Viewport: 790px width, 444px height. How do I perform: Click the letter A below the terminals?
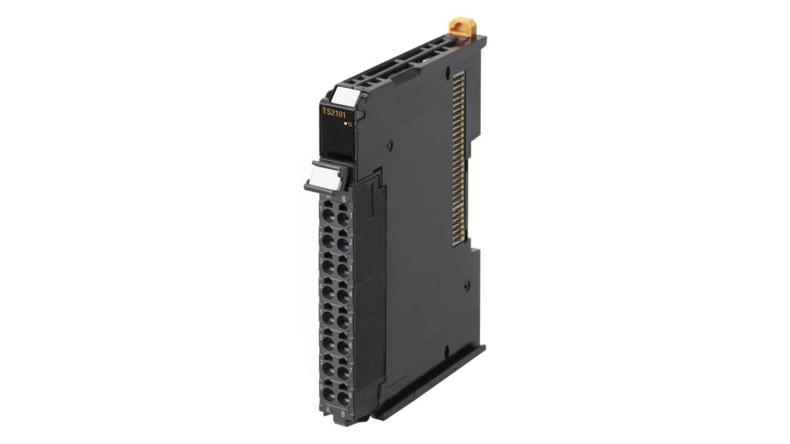[x=328, y=412]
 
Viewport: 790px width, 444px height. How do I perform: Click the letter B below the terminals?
[x=343, y=414]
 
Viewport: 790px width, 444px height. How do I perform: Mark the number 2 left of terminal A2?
[x=321, y=236]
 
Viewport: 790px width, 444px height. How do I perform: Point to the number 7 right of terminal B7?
[x=350, y=371]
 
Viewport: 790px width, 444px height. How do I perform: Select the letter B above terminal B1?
[x=344, y=199]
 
